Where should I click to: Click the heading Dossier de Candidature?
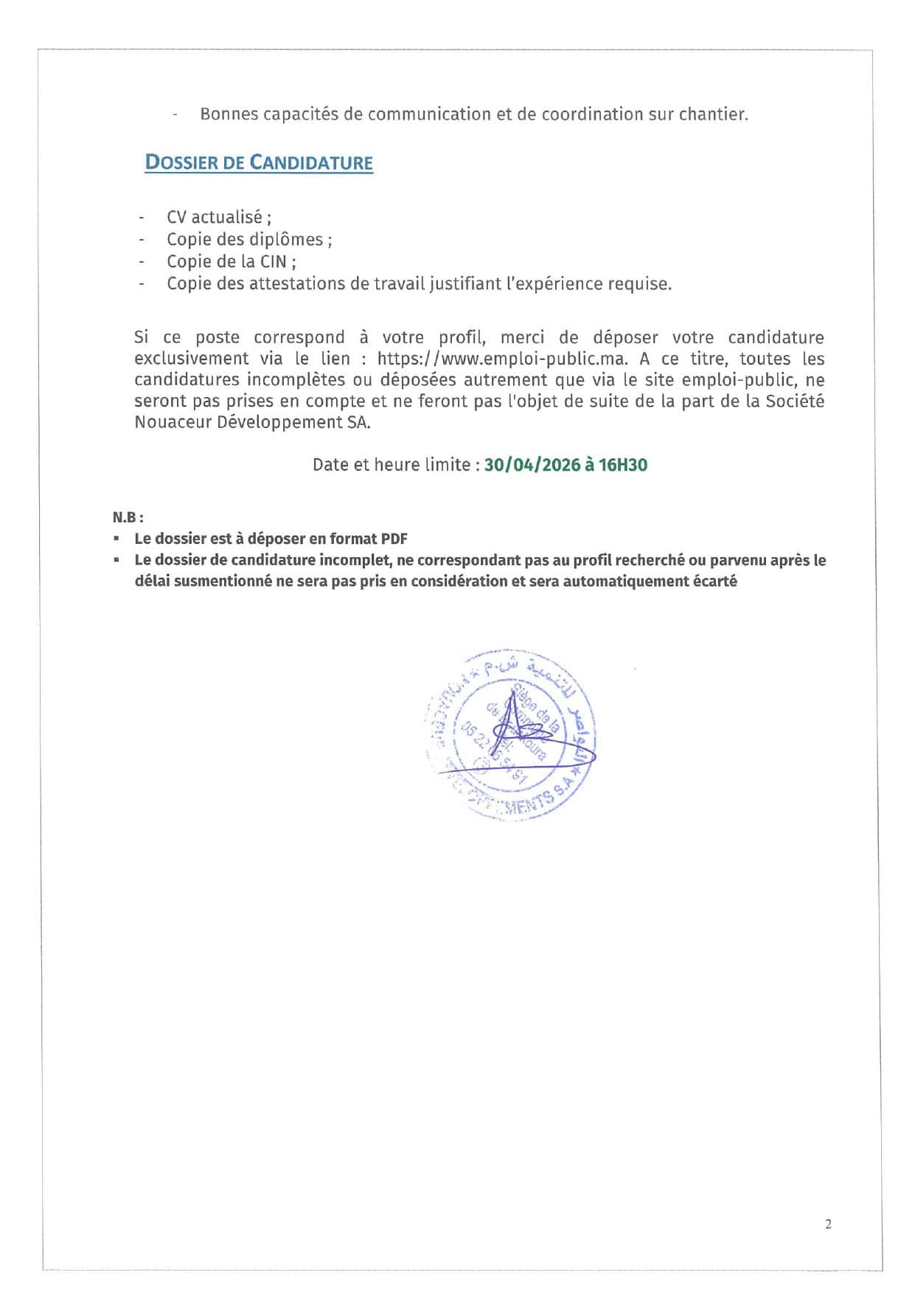click(x=259, y=162)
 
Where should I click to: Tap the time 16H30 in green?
click(x=623, y=465)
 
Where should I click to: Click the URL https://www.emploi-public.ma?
click(x=502, y=359)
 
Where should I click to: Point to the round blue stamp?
click(x=512, y=734)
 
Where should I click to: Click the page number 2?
click(x=828, y=1223)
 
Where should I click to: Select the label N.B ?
click(x=128, y=517)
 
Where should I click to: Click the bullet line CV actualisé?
click(x=219, y=217)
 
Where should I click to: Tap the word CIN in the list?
click(x=272, y=261)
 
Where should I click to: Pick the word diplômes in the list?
click(x=285, y=239)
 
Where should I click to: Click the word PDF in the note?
click(x=394, y=539)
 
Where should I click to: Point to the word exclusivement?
click(x=192, y=359)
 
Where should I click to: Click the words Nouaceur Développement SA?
click(x=252, y=422)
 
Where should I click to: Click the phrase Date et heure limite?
click(x=392, y=465)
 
